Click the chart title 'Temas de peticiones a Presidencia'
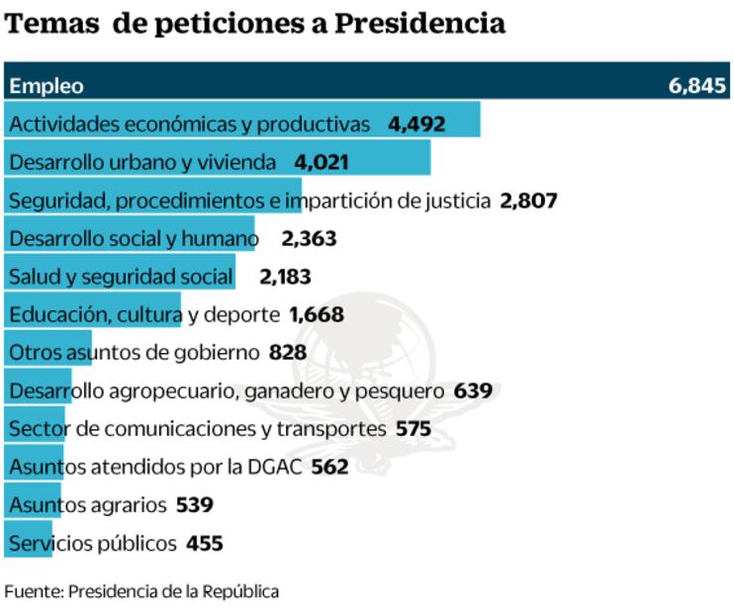coord(255,24)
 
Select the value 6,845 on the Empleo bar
coord(697,86)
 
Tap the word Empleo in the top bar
coord(46,86)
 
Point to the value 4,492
coord(417,125)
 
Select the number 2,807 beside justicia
coord(529,201)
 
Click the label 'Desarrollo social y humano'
coord(132,238)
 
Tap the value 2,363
coord(309,238)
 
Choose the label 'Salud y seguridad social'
coord(121,277)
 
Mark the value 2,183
coord(287,277)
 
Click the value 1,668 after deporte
coord(317,315)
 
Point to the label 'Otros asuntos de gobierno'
coord(134,353)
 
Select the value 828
coord(288,353)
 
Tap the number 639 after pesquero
coord(473,392)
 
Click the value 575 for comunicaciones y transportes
coord(413,429)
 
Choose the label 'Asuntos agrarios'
coord(87,505)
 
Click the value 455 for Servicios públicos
coord(204,544)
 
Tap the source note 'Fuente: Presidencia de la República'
coord(141,592)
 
